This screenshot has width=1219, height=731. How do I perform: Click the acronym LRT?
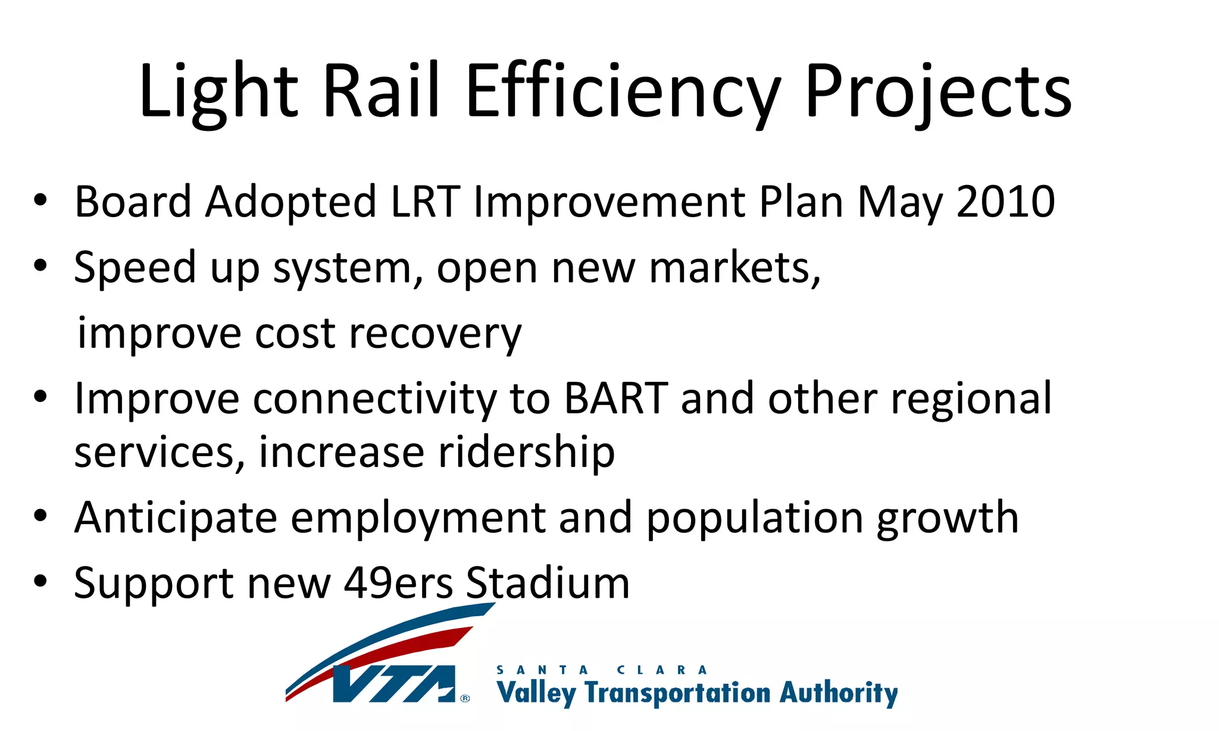point(425,202)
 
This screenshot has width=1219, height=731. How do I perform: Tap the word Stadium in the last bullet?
point(547,582)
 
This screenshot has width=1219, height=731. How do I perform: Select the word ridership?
point(526,452)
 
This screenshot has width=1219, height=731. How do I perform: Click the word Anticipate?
point(176,517)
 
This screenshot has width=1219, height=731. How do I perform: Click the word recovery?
point(435,333)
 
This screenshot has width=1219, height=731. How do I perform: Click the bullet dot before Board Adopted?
point(40,200)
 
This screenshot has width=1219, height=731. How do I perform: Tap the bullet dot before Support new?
point(40,581)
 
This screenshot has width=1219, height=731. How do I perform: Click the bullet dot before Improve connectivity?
point(40,397)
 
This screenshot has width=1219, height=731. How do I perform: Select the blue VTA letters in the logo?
point(393,684)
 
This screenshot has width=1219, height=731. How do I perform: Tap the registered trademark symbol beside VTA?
point(465,698)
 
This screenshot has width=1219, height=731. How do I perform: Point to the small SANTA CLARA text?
point(601,670)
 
